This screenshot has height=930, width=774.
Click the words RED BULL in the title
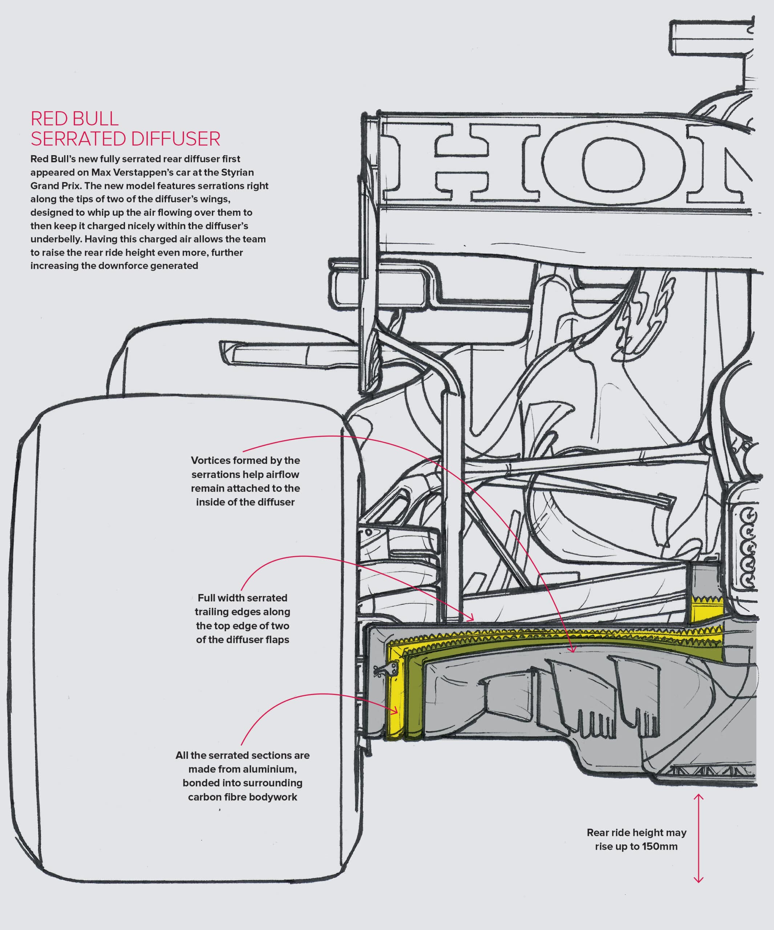pos(74,119)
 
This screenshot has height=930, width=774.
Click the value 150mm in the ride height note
pos(659,846)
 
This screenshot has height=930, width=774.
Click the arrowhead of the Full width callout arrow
pos(472,618)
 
